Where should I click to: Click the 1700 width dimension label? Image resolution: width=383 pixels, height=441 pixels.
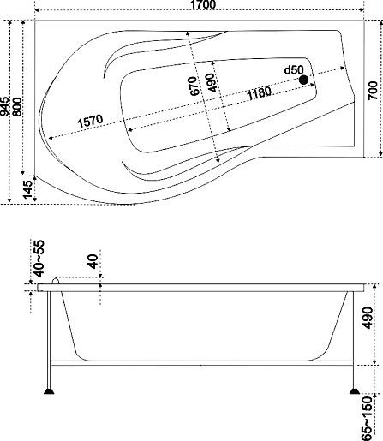202,4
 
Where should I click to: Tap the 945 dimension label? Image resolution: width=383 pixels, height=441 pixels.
4,107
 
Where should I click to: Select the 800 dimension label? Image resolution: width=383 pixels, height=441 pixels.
17,107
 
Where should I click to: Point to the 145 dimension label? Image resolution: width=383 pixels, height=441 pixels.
27,189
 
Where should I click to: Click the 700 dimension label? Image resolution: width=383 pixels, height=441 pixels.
373,91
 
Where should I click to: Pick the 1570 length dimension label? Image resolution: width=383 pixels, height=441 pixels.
90,121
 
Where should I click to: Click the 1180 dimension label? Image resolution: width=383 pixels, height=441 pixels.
259,93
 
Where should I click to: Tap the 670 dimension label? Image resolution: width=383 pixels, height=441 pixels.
194,86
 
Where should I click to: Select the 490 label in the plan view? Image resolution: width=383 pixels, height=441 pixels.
212,83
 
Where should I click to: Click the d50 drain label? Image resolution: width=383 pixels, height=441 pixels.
294,70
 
